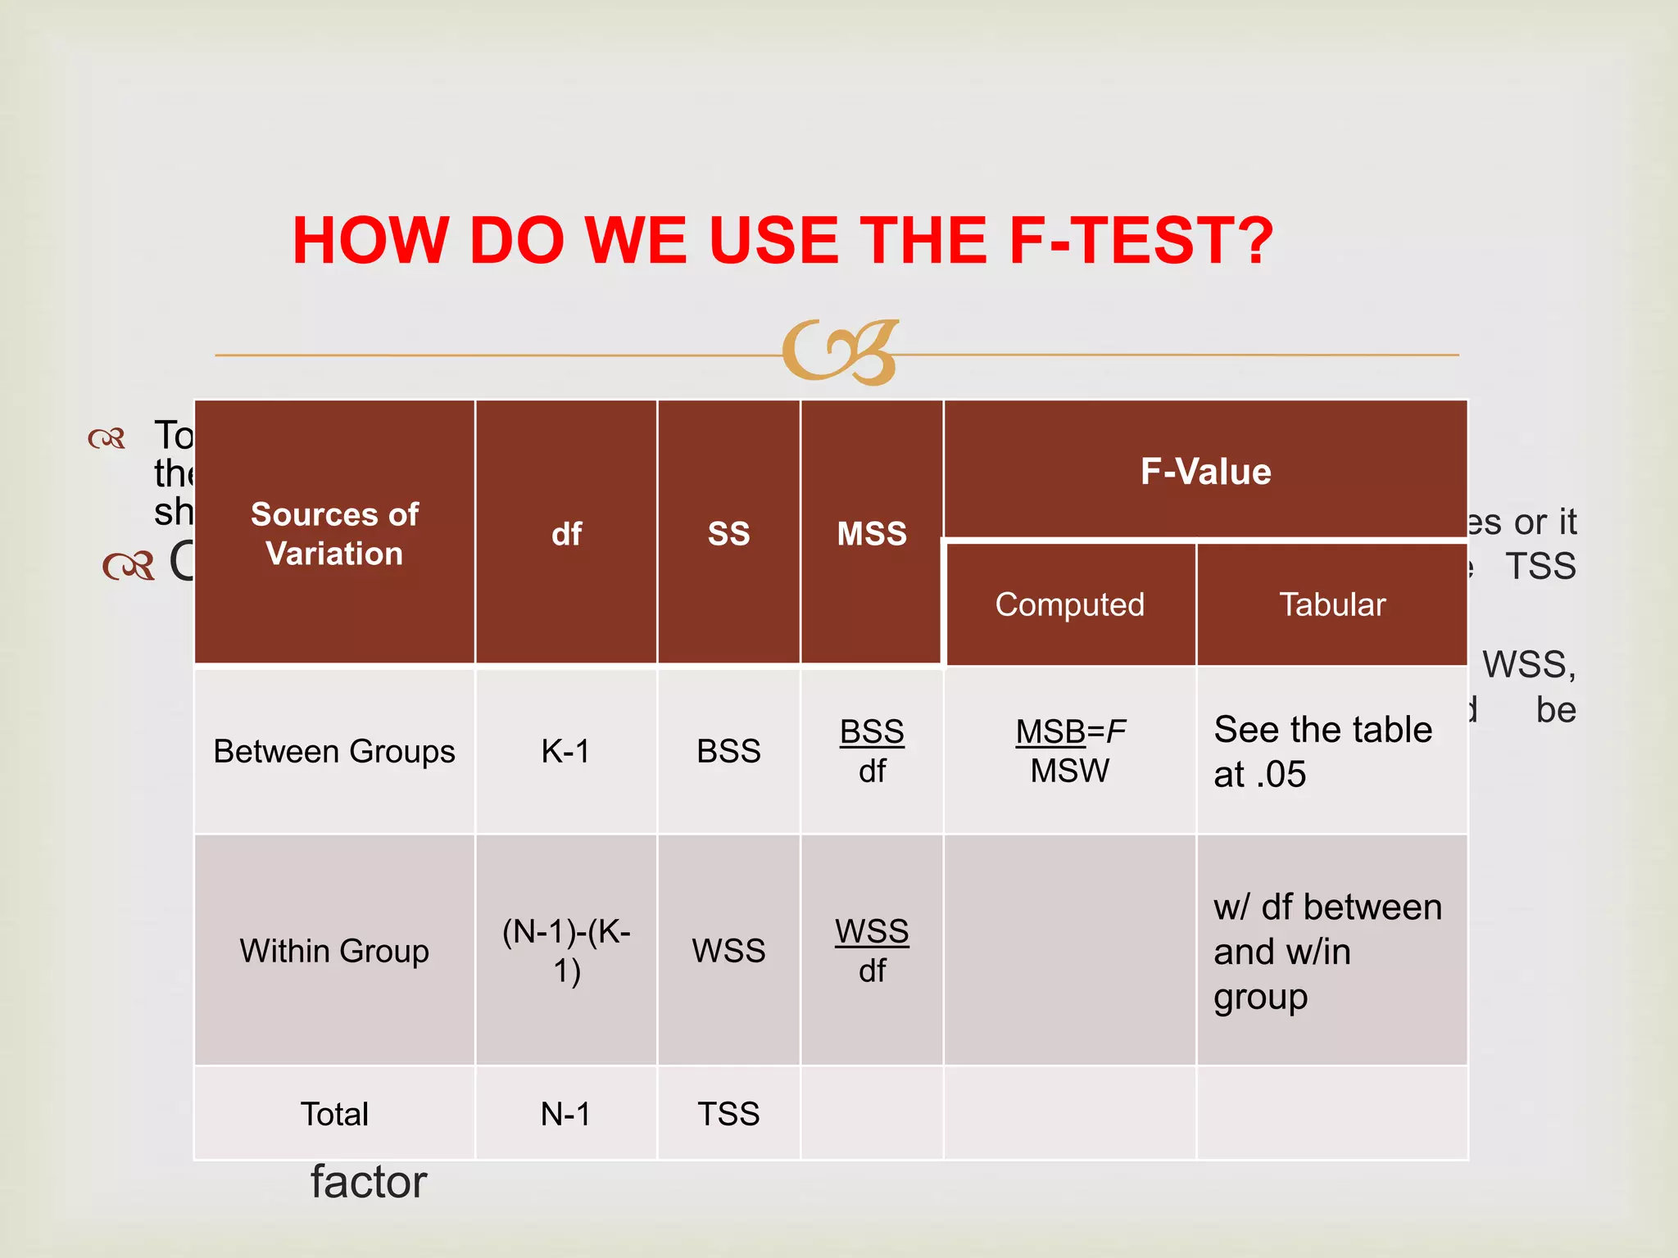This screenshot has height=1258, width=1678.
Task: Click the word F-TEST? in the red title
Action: point(1141,241)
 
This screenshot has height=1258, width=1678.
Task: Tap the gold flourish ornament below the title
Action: point(841,352)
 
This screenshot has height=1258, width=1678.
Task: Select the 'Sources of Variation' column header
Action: point(334,534)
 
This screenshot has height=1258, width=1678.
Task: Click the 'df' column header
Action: point(566,534)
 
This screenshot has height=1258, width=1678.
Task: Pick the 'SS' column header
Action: point(728,534)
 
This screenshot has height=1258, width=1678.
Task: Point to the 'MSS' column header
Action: point(872,534)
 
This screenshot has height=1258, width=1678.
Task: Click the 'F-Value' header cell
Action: point(1205,472)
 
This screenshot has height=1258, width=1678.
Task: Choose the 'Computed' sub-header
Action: point(1069,604)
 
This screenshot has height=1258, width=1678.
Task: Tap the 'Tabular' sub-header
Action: point(1332,604)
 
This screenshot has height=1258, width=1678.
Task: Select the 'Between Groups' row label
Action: point(334,751)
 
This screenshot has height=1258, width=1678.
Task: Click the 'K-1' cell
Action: point(565,751)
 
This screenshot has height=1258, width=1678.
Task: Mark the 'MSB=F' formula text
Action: point(1070,731)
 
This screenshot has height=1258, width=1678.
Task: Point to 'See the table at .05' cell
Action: point(1322,751)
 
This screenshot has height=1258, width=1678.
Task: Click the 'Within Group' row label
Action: point(334,951)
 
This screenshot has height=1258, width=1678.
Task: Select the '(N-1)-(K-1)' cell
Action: point(566,951)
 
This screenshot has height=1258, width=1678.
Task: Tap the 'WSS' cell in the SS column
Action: point(728,951)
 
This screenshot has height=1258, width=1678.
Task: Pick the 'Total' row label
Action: point(334,1114)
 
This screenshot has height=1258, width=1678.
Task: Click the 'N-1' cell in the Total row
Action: point(565,1114)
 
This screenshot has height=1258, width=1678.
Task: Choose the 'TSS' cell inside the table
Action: point(728,1114)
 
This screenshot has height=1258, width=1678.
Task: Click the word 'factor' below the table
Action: point(369,1182)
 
